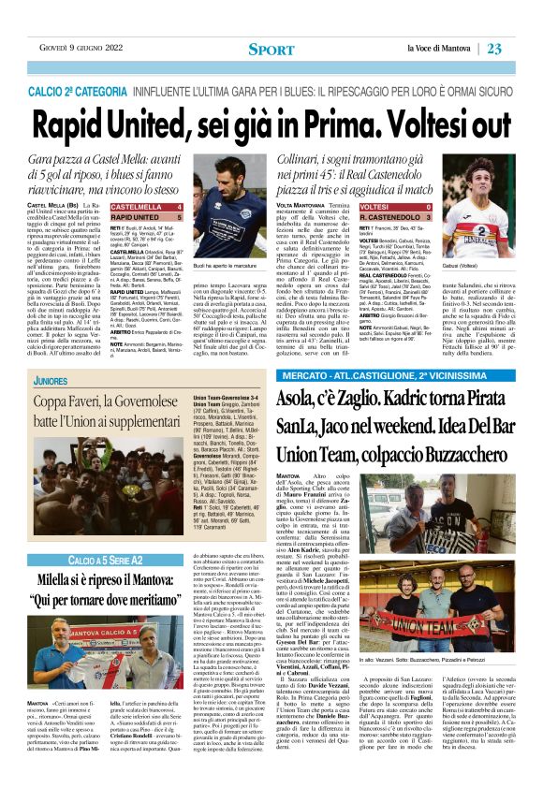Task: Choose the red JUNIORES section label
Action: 51,383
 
